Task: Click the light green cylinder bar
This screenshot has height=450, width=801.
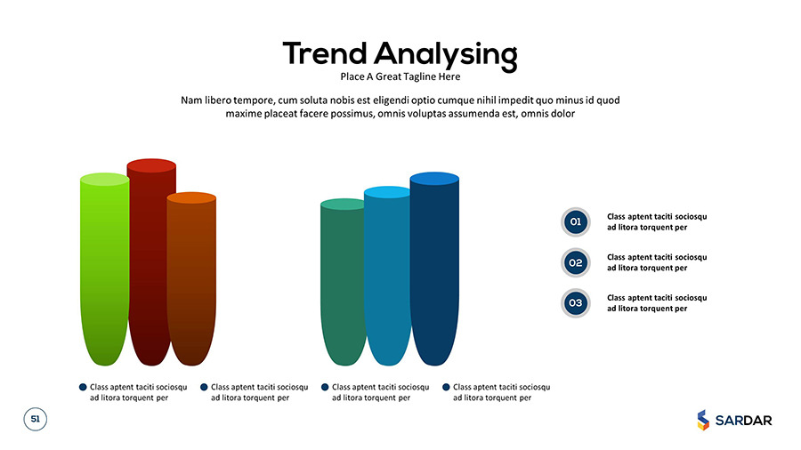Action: click(x=105, y=269)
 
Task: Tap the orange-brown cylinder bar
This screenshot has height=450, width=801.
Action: click(x=192, y=278)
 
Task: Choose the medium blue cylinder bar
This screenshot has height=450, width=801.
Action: click(x=387, y=276)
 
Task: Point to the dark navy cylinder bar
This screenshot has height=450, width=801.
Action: click(x=434, y=269)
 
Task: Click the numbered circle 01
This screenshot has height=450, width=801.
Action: click(x=576, y=222)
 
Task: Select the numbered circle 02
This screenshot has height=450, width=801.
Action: click(x=576, y=262)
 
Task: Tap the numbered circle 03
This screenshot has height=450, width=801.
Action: click(x=576, y=303)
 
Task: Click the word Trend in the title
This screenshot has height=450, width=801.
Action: click(x=325, y=53)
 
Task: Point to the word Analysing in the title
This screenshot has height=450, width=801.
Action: click(x=446, y=55)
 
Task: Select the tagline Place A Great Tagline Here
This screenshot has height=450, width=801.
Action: click(x=400, y=76)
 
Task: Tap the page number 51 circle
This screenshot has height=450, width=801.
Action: click(x=36, y=420)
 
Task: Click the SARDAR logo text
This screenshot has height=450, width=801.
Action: click(x=744, y=421)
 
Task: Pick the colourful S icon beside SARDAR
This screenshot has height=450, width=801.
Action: click(x=703, y=420)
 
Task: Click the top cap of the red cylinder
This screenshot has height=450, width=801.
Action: click(x=151, y=165)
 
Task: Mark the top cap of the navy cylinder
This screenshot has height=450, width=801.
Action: click(x=434, y=179)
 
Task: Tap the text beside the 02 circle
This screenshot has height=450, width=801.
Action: click(x=657, y=262)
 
